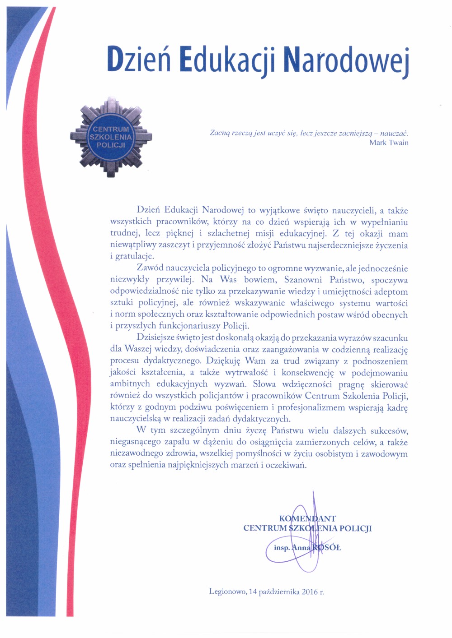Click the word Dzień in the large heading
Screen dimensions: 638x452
point(139,59)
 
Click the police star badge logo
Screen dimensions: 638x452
point(111,136)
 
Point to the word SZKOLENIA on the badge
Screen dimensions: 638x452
point(111,137)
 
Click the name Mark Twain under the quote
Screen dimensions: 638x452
point(389,143)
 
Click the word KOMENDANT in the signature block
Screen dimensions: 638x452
point(307,519)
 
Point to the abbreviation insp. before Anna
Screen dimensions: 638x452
point(282,548)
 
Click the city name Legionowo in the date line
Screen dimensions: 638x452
point(227,592)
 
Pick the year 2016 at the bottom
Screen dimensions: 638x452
point(310,592)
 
